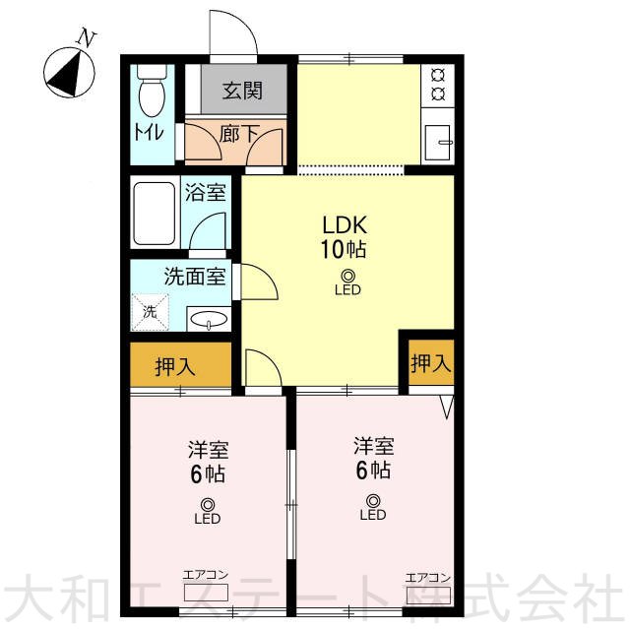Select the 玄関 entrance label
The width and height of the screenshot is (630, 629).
[243, 91]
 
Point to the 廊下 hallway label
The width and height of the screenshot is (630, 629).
[240, 133]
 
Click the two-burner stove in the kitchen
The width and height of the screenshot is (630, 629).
[437, 85]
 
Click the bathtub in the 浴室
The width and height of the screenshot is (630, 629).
[154, 214]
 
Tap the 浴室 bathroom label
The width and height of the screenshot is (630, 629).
[205, 192]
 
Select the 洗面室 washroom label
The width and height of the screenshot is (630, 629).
[195, 277]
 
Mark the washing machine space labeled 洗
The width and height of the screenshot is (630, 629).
[151, 312]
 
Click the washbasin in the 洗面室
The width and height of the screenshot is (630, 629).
[208, 319]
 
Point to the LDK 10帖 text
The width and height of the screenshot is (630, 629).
[344, 237]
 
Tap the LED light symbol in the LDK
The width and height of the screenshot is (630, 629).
[347, 283]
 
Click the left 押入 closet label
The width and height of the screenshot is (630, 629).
[175, 366]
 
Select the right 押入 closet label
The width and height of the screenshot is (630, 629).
[431, 362]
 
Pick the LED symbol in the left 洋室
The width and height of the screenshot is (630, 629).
[208, 511]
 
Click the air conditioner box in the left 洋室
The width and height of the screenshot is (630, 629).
[206, 592]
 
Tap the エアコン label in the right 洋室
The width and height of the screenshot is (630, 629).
[428, 578]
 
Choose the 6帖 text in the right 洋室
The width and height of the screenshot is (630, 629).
[373, 470]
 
